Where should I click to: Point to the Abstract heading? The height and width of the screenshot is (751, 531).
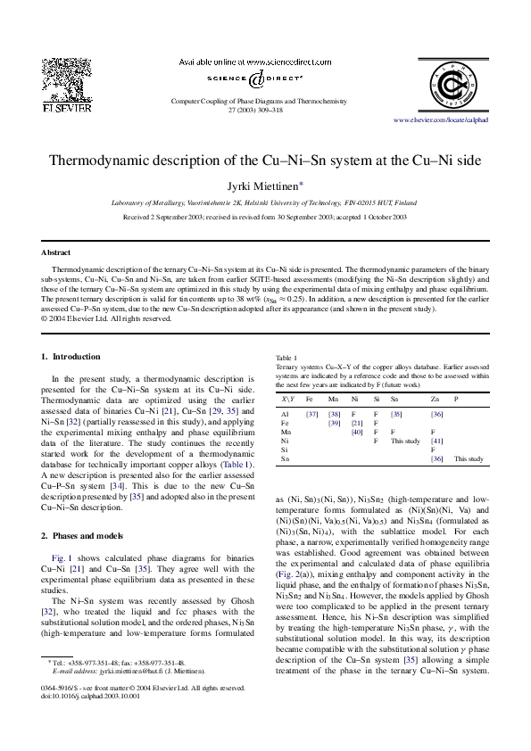coord(58,252)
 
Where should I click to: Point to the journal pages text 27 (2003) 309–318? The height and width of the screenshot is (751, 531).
coord(265,110)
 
